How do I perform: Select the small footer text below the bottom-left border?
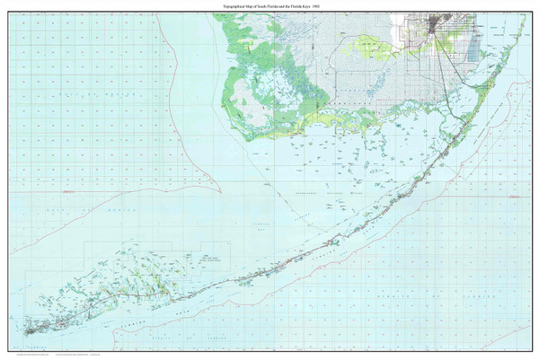tap(36, 355)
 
